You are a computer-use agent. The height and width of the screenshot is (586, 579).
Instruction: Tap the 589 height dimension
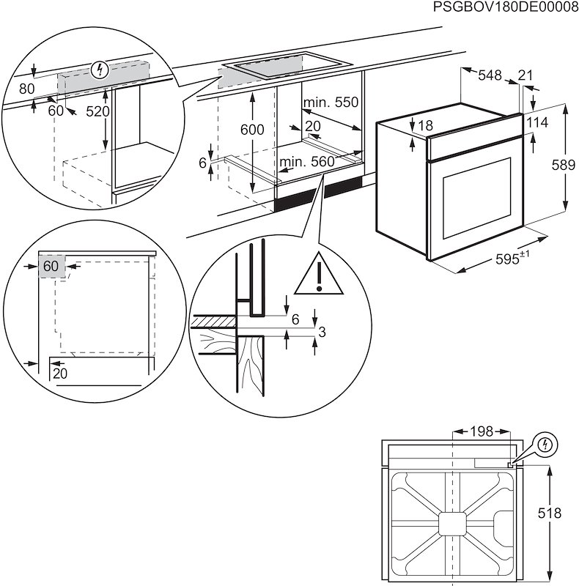coord(563,166)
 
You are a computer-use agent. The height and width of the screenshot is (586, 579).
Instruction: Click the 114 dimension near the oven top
coord(537,122)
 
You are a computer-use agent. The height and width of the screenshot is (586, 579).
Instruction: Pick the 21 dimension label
coord(525,75)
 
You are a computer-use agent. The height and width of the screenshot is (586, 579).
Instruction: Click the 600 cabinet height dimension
coord(251,130)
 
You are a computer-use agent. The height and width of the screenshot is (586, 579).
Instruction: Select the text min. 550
coord(331,103)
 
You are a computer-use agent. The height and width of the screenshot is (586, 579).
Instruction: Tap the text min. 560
coord(306,161)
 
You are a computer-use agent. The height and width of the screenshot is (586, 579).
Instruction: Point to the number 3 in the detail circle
coord(321,333)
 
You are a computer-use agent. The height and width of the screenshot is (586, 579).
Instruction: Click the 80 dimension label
coord(27,89)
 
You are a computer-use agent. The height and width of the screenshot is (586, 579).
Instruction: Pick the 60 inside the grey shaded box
coord(50,266)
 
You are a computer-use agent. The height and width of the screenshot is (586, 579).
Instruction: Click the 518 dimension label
coord(562,514)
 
